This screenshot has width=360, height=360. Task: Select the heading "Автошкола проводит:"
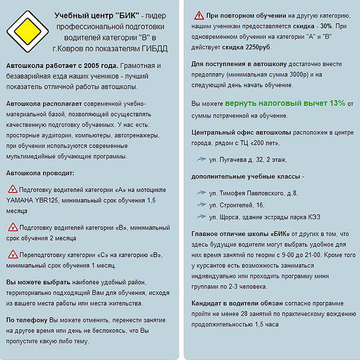point(40,173)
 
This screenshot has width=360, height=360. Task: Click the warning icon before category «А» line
point(13,190)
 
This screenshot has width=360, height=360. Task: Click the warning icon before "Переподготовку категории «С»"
point(13,255)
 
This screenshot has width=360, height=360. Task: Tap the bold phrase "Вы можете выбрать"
point(38,282)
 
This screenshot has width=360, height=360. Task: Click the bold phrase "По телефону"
point(27,319)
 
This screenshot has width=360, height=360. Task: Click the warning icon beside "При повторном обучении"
point(198,15)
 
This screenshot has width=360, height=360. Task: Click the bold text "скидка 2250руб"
point(252,47)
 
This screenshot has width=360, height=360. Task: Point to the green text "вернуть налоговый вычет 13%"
point(285,103)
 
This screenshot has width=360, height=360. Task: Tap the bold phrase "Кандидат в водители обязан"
point(237,303)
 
